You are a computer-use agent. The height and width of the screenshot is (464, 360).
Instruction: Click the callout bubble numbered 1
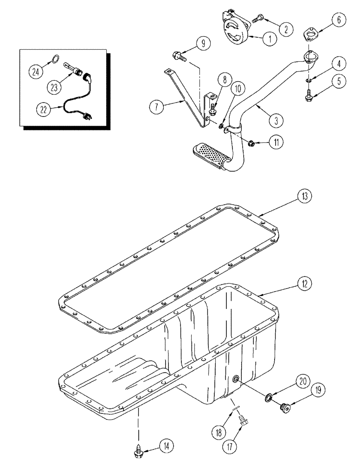tap(268, 39)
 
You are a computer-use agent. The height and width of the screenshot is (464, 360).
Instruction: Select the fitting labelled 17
tap(242, 420)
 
